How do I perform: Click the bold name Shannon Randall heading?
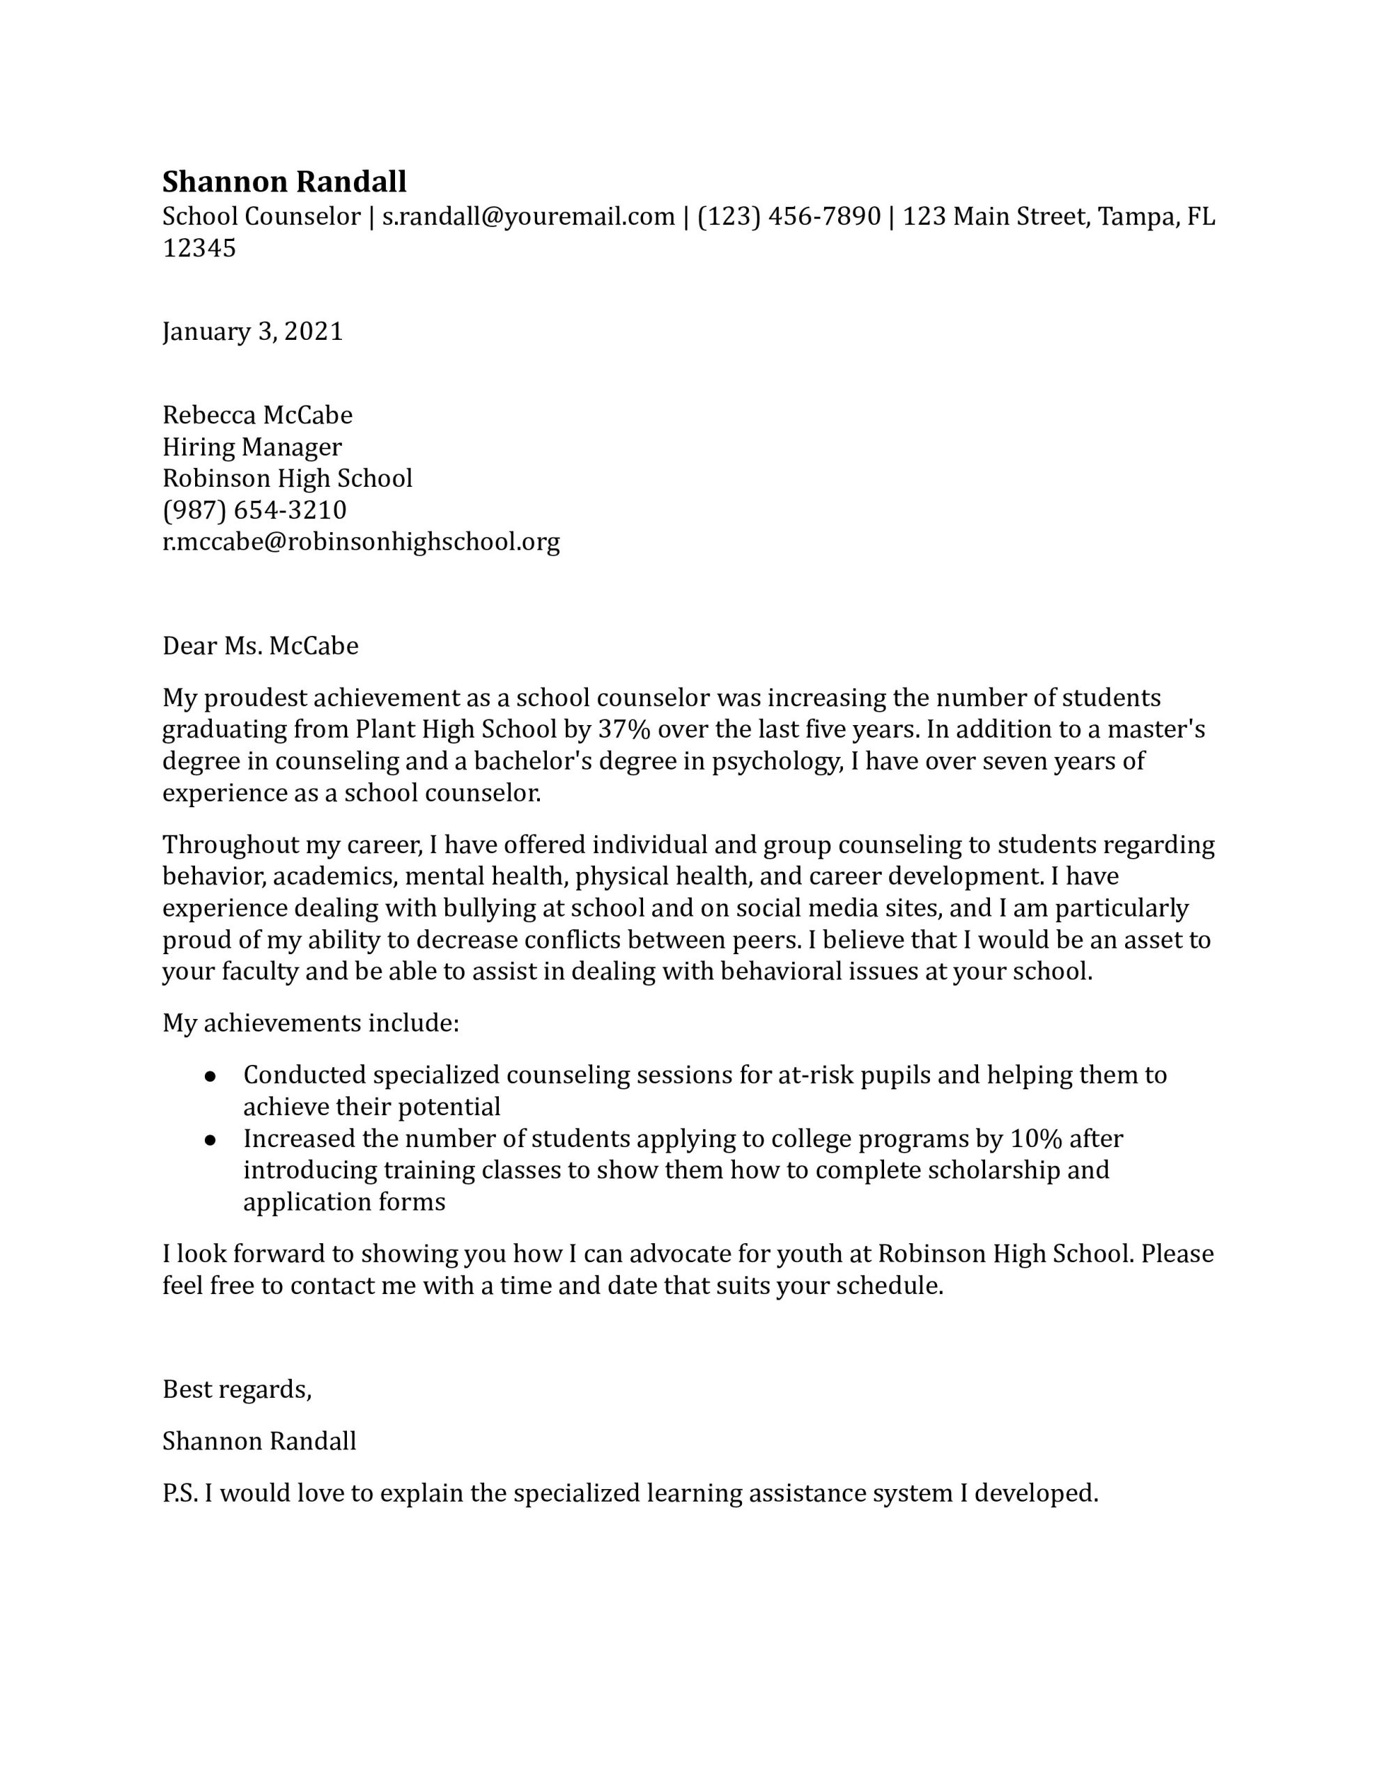click(x=284, y=181)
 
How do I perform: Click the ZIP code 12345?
click(x=199, y=248)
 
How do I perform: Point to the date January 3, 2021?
click(x=252, y=332)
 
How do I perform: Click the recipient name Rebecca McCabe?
click(x=257, y=416)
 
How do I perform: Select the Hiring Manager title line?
click(x=251, y=447)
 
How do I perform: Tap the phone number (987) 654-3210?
click(x=254, y=511)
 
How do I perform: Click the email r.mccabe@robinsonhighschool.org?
click(x=360, y=542)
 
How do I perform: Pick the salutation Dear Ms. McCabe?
click(x=260, y=646)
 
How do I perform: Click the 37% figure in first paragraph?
click(x=624, y=729)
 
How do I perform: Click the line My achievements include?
click(x=311, y=1023)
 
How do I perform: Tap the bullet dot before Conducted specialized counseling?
click(x=210, y=1077)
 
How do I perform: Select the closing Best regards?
click(x=237, y=1389)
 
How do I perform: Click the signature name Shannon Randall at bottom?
click(x=259, y=1441)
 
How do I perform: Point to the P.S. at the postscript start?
click(x=180, y=1494)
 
